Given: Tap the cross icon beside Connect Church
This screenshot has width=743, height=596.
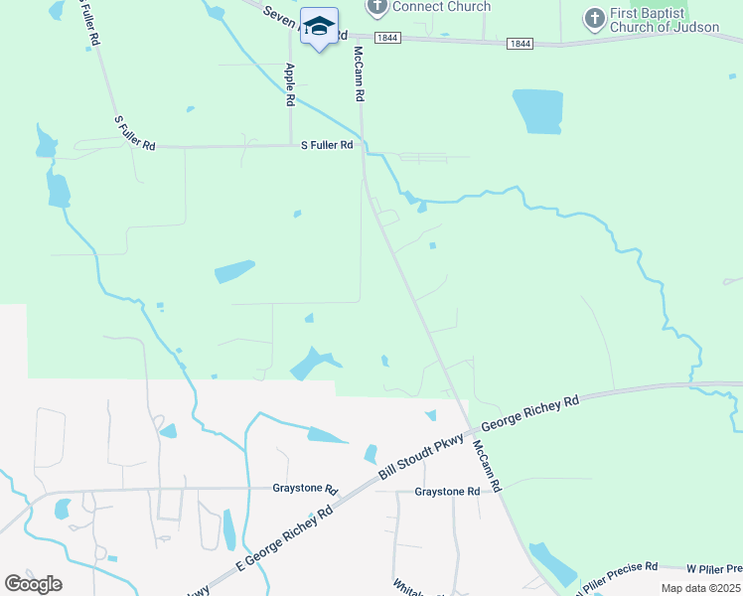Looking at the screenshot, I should tap(376, 8).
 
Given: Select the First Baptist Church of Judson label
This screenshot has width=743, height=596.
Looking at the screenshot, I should tap(664, 20).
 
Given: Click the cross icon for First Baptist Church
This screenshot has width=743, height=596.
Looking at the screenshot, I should tap(594, 19).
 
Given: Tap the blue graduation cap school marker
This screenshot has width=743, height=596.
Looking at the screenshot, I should tap(320, 27).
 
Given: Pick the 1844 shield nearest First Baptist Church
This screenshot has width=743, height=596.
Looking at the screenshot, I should tap(520, 44).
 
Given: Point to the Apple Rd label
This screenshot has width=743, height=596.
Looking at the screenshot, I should tap(289, 84).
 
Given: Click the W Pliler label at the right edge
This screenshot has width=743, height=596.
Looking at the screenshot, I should tap(714, 569).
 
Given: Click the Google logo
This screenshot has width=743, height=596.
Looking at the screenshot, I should tap(33, 584).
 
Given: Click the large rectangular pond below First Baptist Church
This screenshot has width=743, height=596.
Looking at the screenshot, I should tap(537, 111).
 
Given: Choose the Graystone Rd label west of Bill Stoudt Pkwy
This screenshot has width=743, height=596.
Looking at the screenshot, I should tap(305, 490).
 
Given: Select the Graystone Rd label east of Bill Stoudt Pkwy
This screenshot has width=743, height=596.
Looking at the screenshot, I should tap(447, 492).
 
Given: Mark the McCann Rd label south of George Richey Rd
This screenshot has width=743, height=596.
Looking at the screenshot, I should tap(488, 467).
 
